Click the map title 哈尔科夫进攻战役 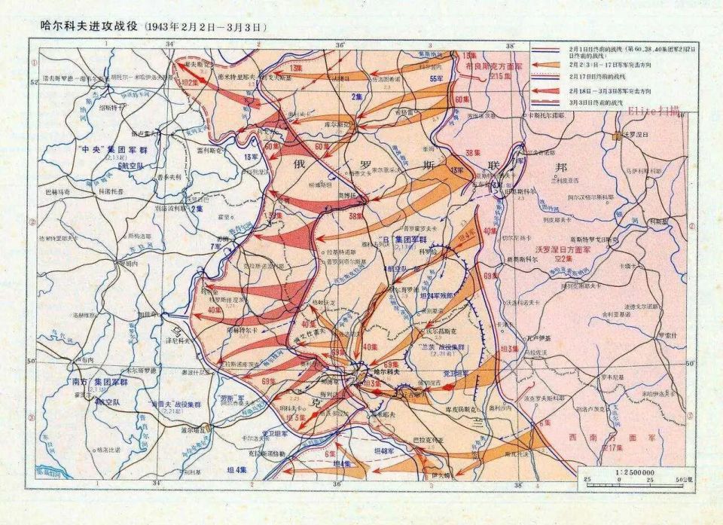click(x=84, y=26)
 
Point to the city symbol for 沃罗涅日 click(x=617, y=136)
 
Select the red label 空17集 click(x=613, y=447)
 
